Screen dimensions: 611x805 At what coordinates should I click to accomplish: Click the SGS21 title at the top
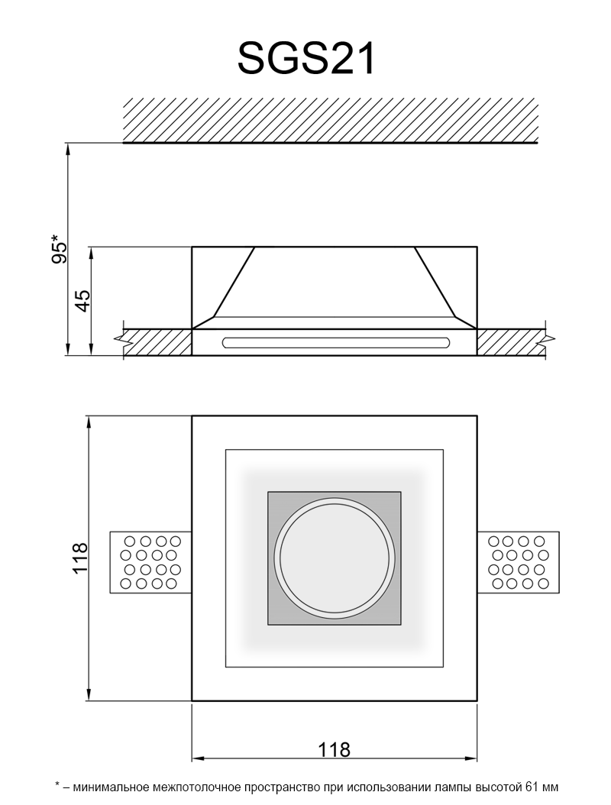pyautogui.click(x=306, y=59)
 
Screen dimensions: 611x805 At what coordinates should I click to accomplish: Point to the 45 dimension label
pyautogui.click(x=82, y=301)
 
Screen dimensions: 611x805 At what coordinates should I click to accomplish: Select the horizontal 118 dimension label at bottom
pyautogui.click(x=334, y=749)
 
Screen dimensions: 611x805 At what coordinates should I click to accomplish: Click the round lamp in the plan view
pyautogui.click(x=334, y=558)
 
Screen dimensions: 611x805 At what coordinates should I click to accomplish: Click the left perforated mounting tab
pyautogui.click(x=151, y=562)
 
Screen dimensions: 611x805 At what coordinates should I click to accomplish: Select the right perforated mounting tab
pyautogui.click(x=518, y=562)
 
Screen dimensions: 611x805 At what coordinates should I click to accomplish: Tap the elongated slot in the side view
pyautogui.click(x=336, y=342)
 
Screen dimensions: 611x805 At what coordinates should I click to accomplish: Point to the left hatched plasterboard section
pyautogui.click(x=157, y=341)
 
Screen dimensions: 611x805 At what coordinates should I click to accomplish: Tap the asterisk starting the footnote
pyautogui.click(x=57, y=784)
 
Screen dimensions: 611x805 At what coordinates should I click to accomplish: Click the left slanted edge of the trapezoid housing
pyautogui.click(x=234, y=282)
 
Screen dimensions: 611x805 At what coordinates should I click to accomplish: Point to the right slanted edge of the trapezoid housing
pyautogui.click(x=435, y=282)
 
